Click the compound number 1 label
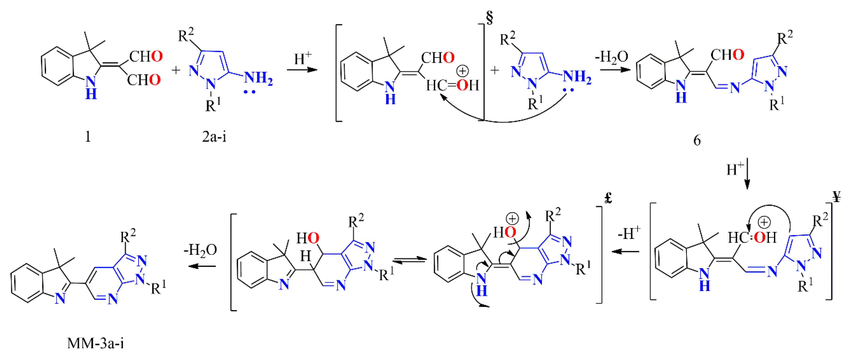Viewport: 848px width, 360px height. (88, 136)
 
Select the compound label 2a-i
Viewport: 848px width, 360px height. (214, 136)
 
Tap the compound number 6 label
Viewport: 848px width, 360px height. (697, 140)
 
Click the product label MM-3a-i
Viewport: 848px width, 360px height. (95, 343)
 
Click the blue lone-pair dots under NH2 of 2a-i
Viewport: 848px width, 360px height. (249, 92)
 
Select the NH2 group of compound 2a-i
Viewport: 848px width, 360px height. (258, 78)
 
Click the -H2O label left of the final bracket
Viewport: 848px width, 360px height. (200, 250)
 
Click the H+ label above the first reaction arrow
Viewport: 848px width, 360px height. (303, 59)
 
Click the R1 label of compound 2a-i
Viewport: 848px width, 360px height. (213, 105)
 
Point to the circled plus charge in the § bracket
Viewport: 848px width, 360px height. (463, 71)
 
